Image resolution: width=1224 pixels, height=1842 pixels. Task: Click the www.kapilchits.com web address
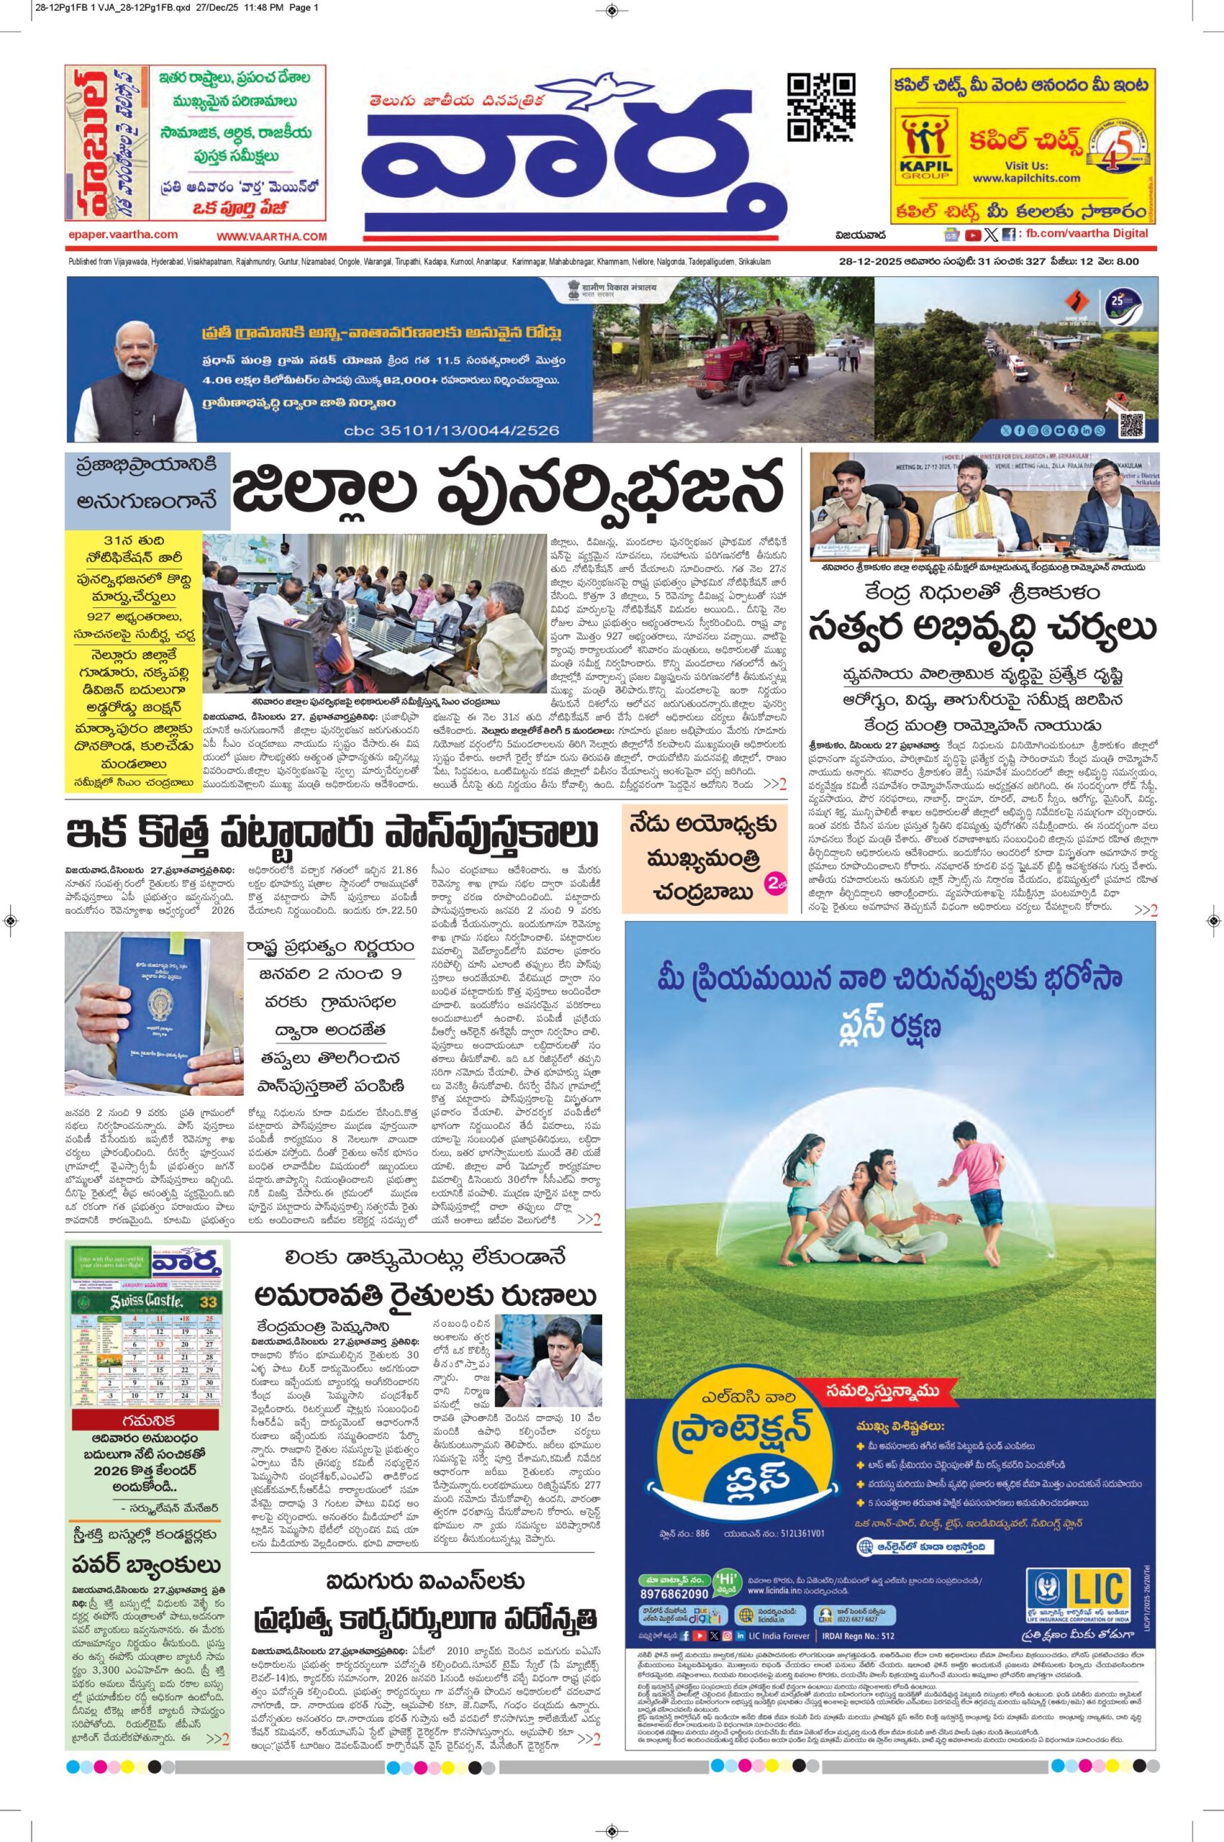point(1026,178)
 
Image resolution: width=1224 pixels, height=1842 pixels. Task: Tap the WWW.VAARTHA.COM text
point(272,236)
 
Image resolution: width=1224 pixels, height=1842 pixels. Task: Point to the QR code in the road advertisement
point(1131,425)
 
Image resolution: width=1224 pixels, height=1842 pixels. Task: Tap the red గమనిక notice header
point(147,1420)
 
